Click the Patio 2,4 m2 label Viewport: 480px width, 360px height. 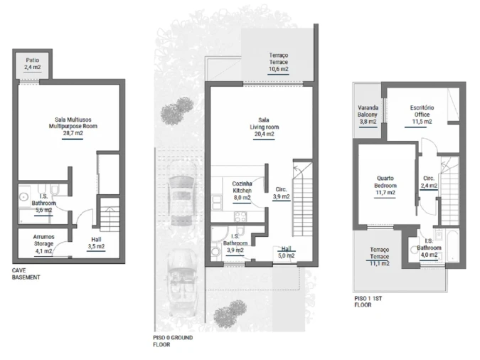pos(33,64)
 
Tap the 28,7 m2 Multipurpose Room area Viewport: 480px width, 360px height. pos(73,126)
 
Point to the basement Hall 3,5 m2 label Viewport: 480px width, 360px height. pos(96,243)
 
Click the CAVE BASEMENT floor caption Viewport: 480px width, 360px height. pos(26,274)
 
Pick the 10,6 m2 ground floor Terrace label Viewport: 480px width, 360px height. pos(279,62)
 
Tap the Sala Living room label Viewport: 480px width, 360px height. pos(264,127)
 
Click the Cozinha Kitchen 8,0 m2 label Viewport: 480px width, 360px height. pos(242,191)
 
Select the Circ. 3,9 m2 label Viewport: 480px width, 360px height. pos(281,193)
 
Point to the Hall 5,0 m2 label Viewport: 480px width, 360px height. pos(287,252)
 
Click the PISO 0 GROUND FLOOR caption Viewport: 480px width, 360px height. pos(173,341)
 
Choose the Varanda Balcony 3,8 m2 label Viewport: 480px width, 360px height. pos(368,115)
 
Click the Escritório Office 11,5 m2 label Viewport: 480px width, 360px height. pos(422,115)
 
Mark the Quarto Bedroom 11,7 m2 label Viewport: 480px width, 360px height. pos(385,186)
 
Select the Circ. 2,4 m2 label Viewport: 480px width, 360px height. pos(429,182)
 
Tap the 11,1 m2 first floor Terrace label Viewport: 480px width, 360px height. pos(379,256)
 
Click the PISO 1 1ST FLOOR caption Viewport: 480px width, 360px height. pos(368,302)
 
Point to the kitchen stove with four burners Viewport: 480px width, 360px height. pos(240,216)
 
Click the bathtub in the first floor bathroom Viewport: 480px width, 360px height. pos(452,247)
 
